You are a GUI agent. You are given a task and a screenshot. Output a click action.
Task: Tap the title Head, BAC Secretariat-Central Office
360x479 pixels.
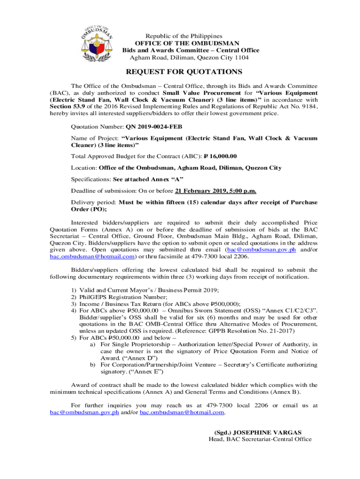(x=259, y=439)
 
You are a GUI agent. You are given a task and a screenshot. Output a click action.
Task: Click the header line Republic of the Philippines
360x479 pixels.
(x=184, y=36)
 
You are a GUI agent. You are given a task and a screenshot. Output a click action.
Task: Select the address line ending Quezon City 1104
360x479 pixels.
(x=189, y=58)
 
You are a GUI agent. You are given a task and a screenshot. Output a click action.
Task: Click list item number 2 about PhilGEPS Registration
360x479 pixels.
(x=123, y=297)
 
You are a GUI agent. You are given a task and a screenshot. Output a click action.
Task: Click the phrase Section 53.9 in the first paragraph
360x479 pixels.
(x=66, y=106)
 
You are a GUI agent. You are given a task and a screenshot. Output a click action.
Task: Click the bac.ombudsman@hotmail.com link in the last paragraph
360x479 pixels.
(x=182, y=412)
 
